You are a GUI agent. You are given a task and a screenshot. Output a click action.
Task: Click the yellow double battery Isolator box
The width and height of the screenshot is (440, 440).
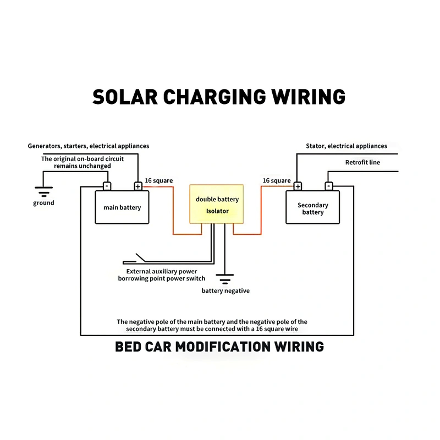tap(216, 204)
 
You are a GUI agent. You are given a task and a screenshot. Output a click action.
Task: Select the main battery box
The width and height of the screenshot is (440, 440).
tap(122, 207)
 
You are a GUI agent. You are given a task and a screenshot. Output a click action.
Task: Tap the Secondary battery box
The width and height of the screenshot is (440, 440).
tap(312, 207)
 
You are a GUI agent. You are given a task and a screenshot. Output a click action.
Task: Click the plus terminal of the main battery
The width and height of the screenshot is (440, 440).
tap(138, 186)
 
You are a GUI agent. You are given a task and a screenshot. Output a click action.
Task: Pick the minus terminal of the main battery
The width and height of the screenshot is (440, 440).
tap(107, 186)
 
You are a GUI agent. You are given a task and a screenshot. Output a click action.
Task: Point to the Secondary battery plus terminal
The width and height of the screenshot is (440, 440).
tap(298, 186)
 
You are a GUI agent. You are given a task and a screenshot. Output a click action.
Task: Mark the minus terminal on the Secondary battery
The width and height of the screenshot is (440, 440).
tap(329, 186)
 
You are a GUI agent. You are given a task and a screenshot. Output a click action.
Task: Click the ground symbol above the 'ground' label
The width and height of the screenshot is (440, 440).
tap(44, 191)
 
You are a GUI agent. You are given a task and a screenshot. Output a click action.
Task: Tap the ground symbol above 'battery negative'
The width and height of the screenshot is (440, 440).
tap(225, 279)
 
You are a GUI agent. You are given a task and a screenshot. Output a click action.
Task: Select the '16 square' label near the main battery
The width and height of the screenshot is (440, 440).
tap(159, 180)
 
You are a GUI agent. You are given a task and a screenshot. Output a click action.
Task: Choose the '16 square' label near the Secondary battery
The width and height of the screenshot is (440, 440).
tap(277, 180)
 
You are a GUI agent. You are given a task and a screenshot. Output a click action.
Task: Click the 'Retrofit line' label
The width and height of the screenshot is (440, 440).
tap(362, 162)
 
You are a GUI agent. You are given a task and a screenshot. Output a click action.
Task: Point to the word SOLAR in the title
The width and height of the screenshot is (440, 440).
tap(125, 97)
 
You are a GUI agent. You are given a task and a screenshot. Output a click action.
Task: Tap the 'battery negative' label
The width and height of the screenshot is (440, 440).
tap(226, 291)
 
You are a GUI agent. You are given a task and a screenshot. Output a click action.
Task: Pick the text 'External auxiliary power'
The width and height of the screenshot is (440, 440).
tap(162, 271)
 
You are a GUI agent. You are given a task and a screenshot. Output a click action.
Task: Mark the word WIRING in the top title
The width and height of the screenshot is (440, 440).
tap(308, 97)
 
